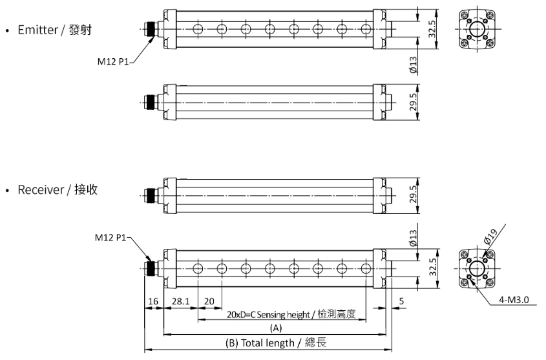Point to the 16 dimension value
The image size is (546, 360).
153,301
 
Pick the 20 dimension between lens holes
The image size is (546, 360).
209,301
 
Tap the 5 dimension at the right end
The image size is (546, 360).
402,301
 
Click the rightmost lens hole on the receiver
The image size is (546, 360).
366,269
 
